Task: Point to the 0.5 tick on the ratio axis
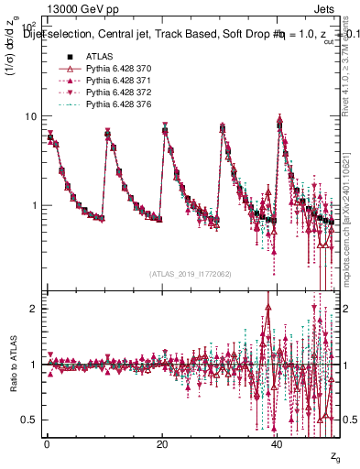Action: pyautogui.click(x=28, y=420)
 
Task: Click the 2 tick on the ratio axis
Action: pyautogui.click(x=33, y=308)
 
